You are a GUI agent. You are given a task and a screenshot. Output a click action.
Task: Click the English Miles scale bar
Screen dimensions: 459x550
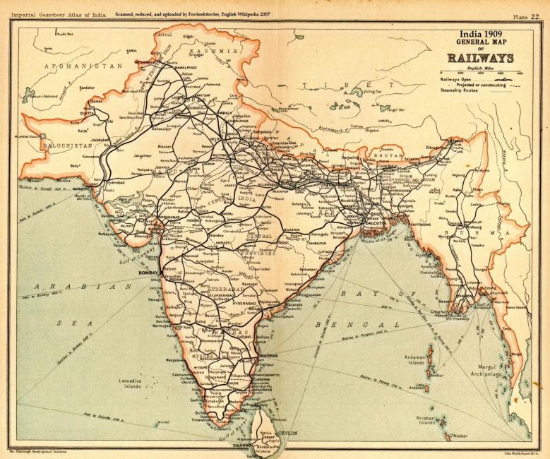[481, 73]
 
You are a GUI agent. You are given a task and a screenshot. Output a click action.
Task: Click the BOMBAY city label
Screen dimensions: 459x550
[148, 272]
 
